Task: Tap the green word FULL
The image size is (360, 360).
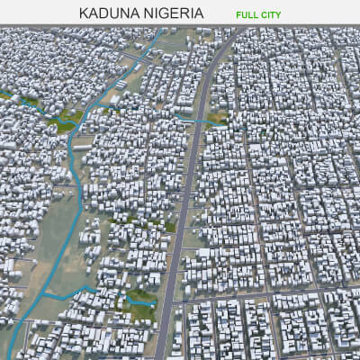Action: [249, 15]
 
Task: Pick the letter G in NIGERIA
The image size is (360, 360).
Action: [165, 14]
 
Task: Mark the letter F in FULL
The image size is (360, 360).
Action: [239, 15]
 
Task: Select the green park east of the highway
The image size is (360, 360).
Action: [217, 116]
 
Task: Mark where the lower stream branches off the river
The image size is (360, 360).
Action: [54, 293]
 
